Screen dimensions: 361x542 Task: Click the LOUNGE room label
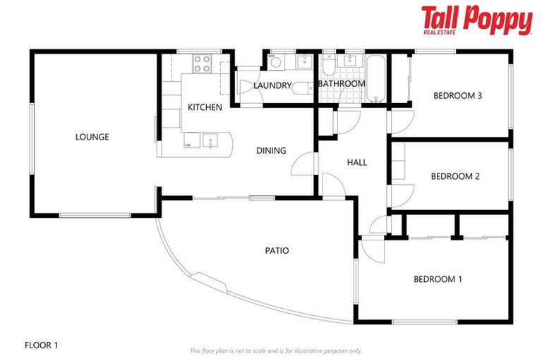pos(92,137)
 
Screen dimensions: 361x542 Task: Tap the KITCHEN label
pos(205,107)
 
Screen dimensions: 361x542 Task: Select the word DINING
pos(271,150)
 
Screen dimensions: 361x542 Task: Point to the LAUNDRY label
pos(272,85)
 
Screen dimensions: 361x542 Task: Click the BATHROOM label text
pos(342,83)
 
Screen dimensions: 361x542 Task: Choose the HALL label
pos(357,162)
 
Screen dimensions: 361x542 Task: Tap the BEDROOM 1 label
pos(438,279)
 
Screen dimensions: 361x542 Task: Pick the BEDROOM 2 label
pos(455,176)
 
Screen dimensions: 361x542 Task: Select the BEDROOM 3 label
pos(457,95)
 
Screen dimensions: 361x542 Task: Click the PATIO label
pos(277,250)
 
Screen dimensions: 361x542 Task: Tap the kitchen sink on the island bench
pos(211,141)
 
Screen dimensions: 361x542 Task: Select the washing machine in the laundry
pos(275,63)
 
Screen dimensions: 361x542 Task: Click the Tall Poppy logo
pos(476,20)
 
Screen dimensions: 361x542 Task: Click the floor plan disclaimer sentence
pos(275,350)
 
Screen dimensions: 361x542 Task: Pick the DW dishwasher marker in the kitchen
pos(188,145)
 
